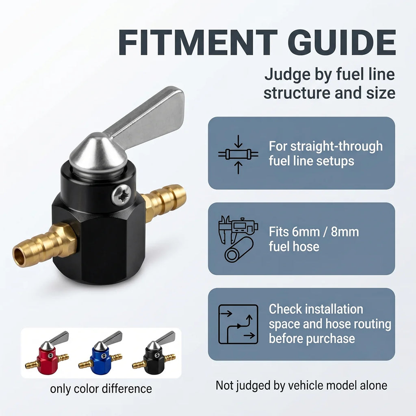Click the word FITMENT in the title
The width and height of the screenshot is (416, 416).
198,42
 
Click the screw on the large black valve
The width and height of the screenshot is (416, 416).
121,195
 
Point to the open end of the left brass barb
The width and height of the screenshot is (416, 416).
19,257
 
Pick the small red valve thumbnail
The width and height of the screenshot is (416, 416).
47,353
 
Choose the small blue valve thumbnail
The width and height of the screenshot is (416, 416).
101,353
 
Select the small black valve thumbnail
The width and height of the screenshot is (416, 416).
154,353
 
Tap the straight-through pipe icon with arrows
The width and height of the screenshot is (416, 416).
238,154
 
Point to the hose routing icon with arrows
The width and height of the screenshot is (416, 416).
238,324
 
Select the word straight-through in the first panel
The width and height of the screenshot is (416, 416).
336,146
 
